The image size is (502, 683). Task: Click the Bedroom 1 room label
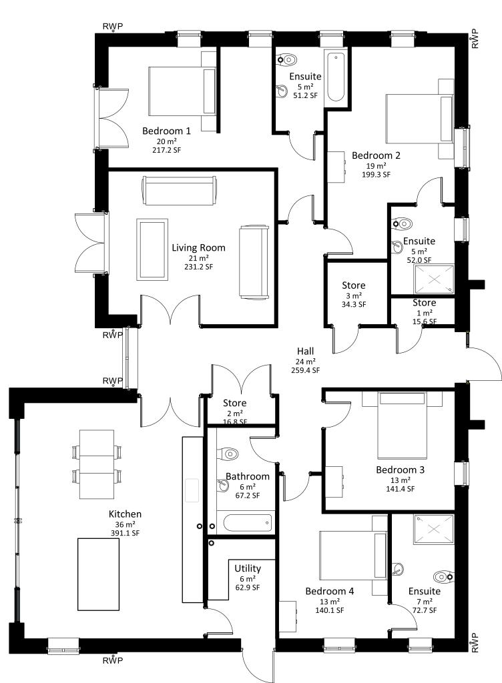coord(166,131)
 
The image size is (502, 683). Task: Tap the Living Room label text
coord(198,248)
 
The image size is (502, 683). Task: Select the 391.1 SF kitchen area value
coord(125,533)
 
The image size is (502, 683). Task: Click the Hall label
coord(306,351)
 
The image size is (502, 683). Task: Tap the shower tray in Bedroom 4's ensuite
coord(434,529)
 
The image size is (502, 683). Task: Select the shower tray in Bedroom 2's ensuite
coord(434,279)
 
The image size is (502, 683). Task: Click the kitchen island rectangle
coord(99,574)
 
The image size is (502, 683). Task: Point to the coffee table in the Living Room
coord(152,249)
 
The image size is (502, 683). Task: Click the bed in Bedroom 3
coord(401,425)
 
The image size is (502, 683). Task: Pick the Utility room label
coord(248,568)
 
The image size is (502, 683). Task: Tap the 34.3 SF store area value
coord(353,304)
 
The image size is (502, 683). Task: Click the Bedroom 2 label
coord(376,155)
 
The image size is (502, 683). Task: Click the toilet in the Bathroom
coord(229,454)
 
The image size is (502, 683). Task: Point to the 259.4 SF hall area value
coord(306,370)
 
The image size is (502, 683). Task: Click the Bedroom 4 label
coord(330,591)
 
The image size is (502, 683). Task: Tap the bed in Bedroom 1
coord(183,91)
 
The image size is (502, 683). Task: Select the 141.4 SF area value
coord(401,489)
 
